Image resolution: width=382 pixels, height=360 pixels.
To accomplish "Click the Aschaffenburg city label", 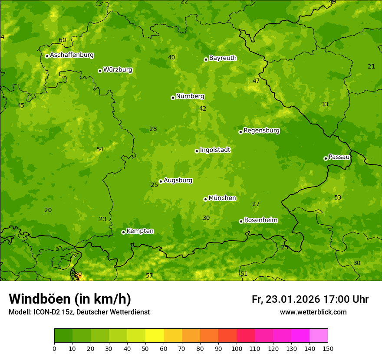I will pyautogui.click(x=72, y=55).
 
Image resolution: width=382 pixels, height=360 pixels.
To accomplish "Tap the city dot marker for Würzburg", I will pyautogui.click(x=100, y=71).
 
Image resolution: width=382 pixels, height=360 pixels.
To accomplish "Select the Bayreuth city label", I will pyautogui.click(x=223, y=58).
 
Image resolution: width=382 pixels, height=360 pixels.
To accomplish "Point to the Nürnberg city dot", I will pyautogui.click(x=173, y=98).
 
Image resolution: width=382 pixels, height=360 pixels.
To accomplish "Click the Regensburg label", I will pyautogui.click(x=261, y=130).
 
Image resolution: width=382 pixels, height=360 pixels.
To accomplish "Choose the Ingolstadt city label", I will pyautogui.click(x=215, y=150).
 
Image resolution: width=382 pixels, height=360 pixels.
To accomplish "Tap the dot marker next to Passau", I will pyautogui.click(x=326, y=158).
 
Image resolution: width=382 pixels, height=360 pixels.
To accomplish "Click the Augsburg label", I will pyautogui.click(x=178, y=180).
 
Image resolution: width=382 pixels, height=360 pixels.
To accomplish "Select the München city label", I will pyautogui.click(x=222, y=198).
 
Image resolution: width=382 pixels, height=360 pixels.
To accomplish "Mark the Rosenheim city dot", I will pyautogui.click(x=241, y=221).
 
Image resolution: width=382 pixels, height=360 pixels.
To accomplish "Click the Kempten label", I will pyautogui.click(x=140, y=231).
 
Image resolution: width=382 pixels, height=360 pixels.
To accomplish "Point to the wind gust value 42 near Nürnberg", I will pyautogui.click(x=203, y=108).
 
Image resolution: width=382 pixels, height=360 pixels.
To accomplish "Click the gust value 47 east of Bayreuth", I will pyautogui.click(x=256, y=81).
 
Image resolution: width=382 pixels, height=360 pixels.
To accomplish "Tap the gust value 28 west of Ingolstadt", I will pyautogui.click(x=153, y=129).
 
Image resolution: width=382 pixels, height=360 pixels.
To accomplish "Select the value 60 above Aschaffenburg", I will pyautogui.click(x=63, y=40).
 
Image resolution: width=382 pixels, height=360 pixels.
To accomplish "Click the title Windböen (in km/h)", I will pyautogui.click(x=70, y=299).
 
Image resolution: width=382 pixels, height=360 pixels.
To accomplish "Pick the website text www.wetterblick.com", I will pyautogui.click(x=313, y=312).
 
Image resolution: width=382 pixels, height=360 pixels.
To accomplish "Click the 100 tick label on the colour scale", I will pyautogui.click(x=237, y=348).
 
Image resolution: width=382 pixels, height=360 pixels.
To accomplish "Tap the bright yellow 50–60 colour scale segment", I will pyautogui.click(x=155, y=336).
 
